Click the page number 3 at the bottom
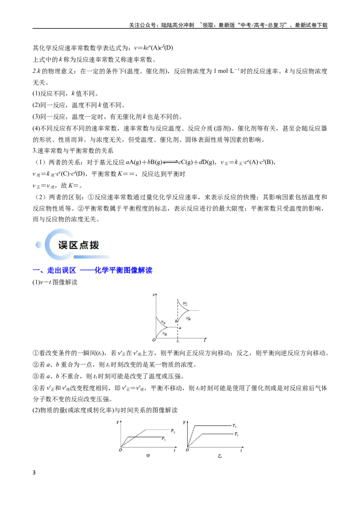(34, 472)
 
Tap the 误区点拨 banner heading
(79, 245)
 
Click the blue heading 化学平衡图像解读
(123, 270)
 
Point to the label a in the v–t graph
(180, 328)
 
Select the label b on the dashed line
(176, 321)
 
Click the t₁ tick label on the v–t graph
(178, 341)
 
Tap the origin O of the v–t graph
(154, 340)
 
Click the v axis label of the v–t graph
(154, 295)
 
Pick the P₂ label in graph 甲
(173, 431)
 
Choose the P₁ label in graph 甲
(164, 438)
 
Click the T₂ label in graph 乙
(234, 425)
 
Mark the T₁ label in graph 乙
(236, 434)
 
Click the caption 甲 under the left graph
(148, 456)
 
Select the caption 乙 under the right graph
(220, 456)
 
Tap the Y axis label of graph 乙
(184, 422)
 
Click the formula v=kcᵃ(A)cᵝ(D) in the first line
(153, 48)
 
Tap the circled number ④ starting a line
(36, 388)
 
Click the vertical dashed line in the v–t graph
(178, 318)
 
